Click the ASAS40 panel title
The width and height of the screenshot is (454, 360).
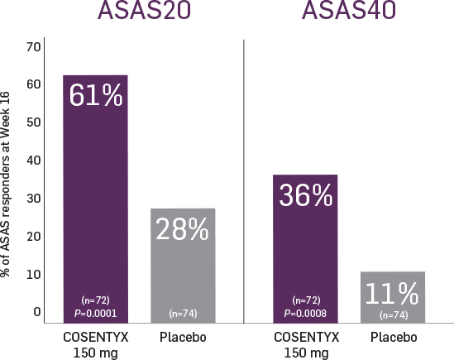pyautogui.click(x=347, y=12)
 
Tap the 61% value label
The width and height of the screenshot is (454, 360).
pyautogui.click(x=96, y=96)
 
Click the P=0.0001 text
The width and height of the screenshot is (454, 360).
pyautogui.click(x=96, y=314)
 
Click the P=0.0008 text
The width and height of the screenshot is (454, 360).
pyautogui.click(x=305, y=314)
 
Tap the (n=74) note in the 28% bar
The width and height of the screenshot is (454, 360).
pyautogui.click(x=183, y=314)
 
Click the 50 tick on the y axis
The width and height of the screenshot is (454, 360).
pyautogui.click(x=34, y=122)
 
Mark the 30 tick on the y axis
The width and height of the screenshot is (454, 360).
pyautogui.click(x=34, y=199)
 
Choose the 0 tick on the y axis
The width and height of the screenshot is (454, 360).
pyautogui.click(x=37, y=312)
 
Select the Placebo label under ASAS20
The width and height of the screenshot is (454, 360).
pyautogui.click(x=183, y=338)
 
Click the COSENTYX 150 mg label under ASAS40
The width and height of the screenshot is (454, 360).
pyautogui.click(x=305, y=344)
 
